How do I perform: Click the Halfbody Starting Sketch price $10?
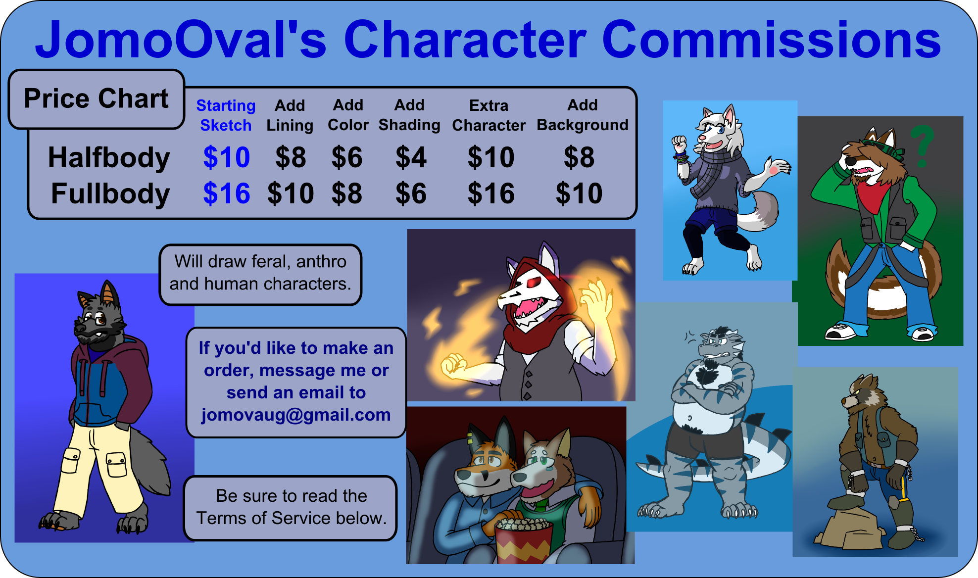[226, 157]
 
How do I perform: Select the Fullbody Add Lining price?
[291, 193]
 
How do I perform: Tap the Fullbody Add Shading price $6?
[410, 193]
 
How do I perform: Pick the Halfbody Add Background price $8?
[579, 157]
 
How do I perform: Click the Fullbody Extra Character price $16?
[491, 193]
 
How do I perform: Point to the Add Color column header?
[348, 115]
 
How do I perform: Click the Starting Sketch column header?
[226, 115]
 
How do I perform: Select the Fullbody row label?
[110, 193]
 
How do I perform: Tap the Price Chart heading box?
[97, 98]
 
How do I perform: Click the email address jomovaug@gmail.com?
[296, 415]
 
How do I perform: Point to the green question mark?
[922, 145]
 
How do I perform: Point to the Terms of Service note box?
[291, 508]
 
